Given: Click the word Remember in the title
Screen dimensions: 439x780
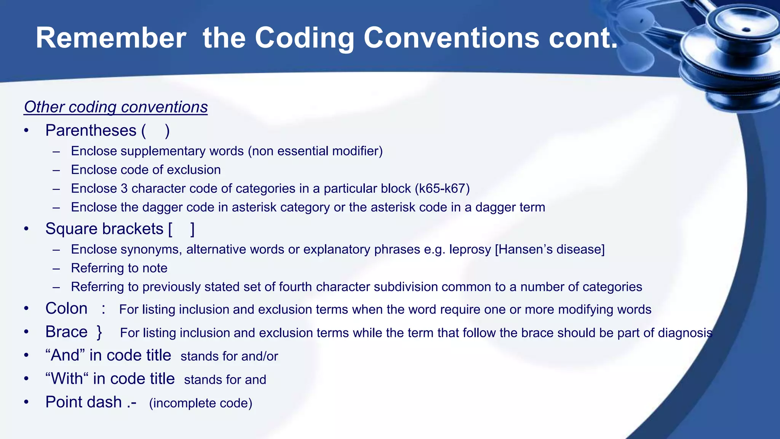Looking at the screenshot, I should click(111, 38).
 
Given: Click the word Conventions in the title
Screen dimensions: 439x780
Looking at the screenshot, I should click(451, 38).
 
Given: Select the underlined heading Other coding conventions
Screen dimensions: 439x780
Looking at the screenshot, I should click(116, 107).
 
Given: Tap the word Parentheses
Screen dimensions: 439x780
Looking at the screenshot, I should click(91, 131).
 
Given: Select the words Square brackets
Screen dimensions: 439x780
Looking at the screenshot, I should click(104, 229).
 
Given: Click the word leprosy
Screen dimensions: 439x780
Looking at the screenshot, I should click(470, 250).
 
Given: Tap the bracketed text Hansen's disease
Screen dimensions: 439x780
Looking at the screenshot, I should click(550, 250).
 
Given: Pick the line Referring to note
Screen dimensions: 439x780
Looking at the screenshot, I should click(119, 268).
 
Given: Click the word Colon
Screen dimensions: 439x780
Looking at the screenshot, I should click(66, 309).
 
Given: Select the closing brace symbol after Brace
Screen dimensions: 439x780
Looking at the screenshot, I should click(99, 332).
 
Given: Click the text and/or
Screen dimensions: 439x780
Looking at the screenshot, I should click(259, 356).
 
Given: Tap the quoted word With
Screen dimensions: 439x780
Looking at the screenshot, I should click(67, 379).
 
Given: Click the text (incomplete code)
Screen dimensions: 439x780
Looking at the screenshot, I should click(200, 403).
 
